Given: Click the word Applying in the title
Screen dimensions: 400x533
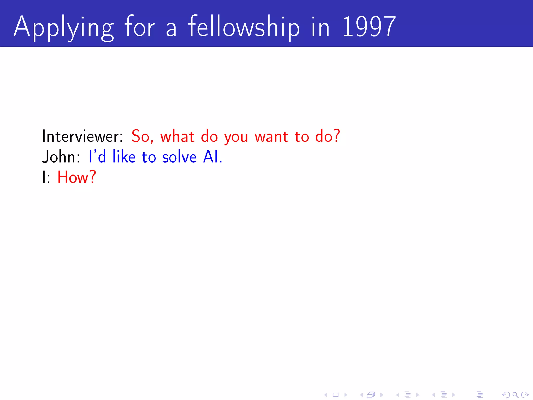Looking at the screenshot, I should tap(64, 27).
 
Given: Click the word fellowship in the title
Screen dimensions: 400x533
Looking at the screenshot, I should tap(244, 27).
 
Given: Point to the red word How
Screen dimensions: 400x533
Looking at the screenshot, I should tap(77, 177).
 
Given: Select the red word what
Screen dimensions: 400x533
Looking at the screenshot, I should tap(177, 136).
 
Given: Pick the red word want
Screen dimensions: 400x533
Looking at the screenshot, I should tap(271, 137).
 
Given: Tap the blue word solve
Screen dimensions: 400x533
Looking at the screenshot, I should tap(179, 157).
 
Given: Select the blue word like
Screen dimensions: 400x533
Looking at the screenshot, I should tap(124, 157).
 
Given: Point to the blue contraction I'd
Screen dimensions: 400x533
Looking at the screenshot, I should tap(97, 157).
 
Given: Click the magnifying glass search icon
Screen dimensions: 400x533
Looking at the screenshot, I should tap(515, 395).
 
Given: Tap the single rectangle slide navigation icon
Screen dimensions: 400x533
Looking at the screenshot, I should tap(336, 395).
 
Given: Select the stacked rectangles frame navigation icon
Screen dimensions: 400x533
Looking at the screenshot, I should tap(371, 395).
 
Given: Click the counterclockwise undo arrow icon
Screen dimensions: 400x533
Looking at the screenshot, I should tap(506, 395).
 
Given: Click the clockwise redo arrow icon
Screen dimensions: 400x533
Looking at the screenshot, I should tap(525, 395).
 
